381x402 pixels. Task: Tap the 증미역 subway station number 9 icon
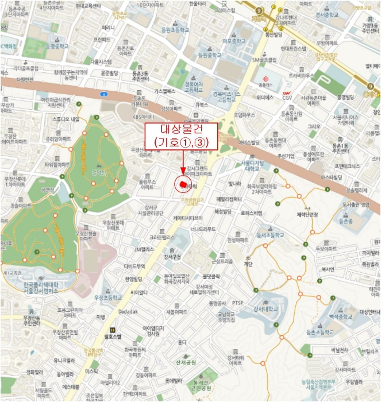[x=371, y=87]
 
